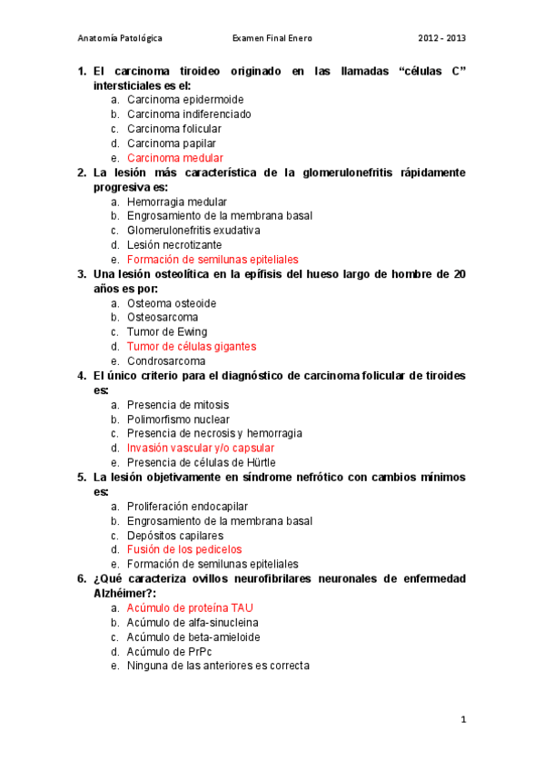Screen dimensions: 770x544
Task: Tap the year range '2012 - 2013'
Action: pyautogui.click(x=442, y=39)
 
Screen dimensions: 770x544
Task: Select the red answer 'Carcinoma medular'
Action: pyautogui.click(x=175, y=158)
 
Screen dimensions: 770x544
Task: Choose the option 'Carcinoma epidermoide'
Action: pyautogui.click(x=185, y=100)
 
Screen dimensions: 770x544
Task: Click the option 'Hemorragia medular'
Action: pyautogui.click(x=177, y=202)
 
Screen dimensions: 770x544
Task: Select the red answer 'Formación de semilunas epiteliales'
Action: pyautogui.click(x=213, y=260)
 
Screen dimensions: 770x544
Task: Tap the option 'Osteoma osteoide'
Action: pyautogui.click(x=173, y=303)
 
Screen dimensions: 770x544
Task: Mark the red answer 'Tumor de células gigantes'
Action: pyautogui.click(x=192, y=347)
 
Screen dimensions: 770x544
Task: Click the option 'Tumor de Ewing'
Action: pyautogui.click(x=167, y=332)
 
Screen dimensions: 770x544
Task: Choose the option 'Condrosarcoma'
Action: pyautogui.click(x=166, y=361)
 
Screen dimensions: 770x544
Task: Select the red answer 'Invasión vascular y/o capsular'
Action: pyautogui.click(x=201, y=448)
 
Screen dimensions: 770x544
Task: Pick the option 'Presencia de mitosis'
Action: pyautogui.click(x=178, y=405)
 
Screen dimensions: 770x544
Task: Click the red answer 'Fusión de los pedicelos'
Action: pyautogui.click(x=184, y=549)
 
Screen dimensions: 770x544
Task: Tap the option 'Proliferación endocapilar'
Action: pyautogui.click(x=188, y=506)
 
